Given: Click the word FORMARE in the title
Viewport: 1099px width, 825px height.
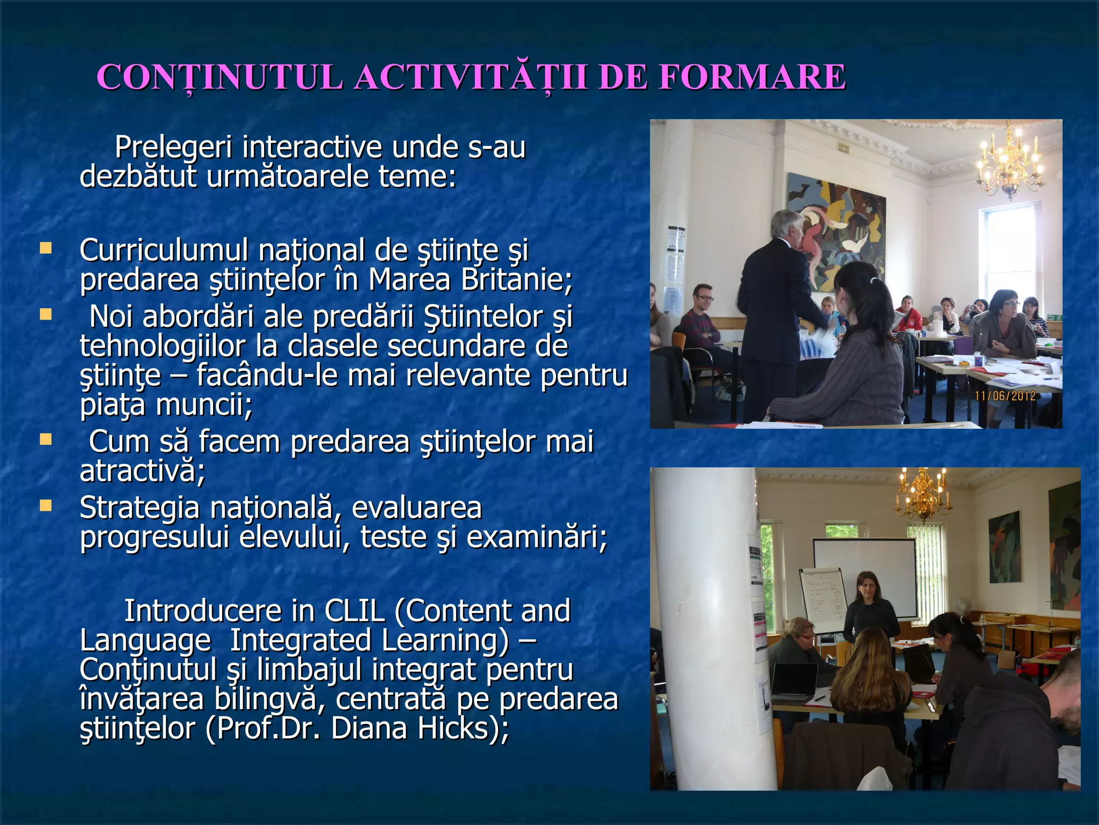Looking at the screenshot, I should [x=752, y=77].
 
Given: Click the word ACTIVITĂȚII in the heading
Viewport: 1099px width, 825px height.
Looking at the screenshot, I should [x=471, y=77].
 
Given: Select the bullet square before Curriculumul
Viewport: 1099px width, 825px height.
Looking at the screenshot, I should [x=46, y=248].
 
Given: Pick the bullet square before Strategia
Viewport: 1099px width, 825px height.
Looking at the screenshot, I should [x=46, y=505].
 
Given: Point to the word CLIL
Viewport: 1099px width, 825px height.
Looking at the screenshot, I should [x=354, y=611].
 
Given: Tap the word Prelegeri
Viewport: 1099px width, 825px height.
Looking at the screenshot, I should [x=173, y=148].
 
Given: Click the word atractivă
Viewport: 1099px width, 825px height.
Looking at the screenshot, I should [x=142, y=471].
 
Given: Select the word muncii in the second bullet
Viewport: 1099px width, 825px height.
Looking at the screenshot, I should [x=203, y=405].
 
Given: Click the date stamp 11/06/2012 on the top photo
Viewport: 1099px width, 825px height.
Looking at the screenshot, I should [x=1005, y=396].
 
